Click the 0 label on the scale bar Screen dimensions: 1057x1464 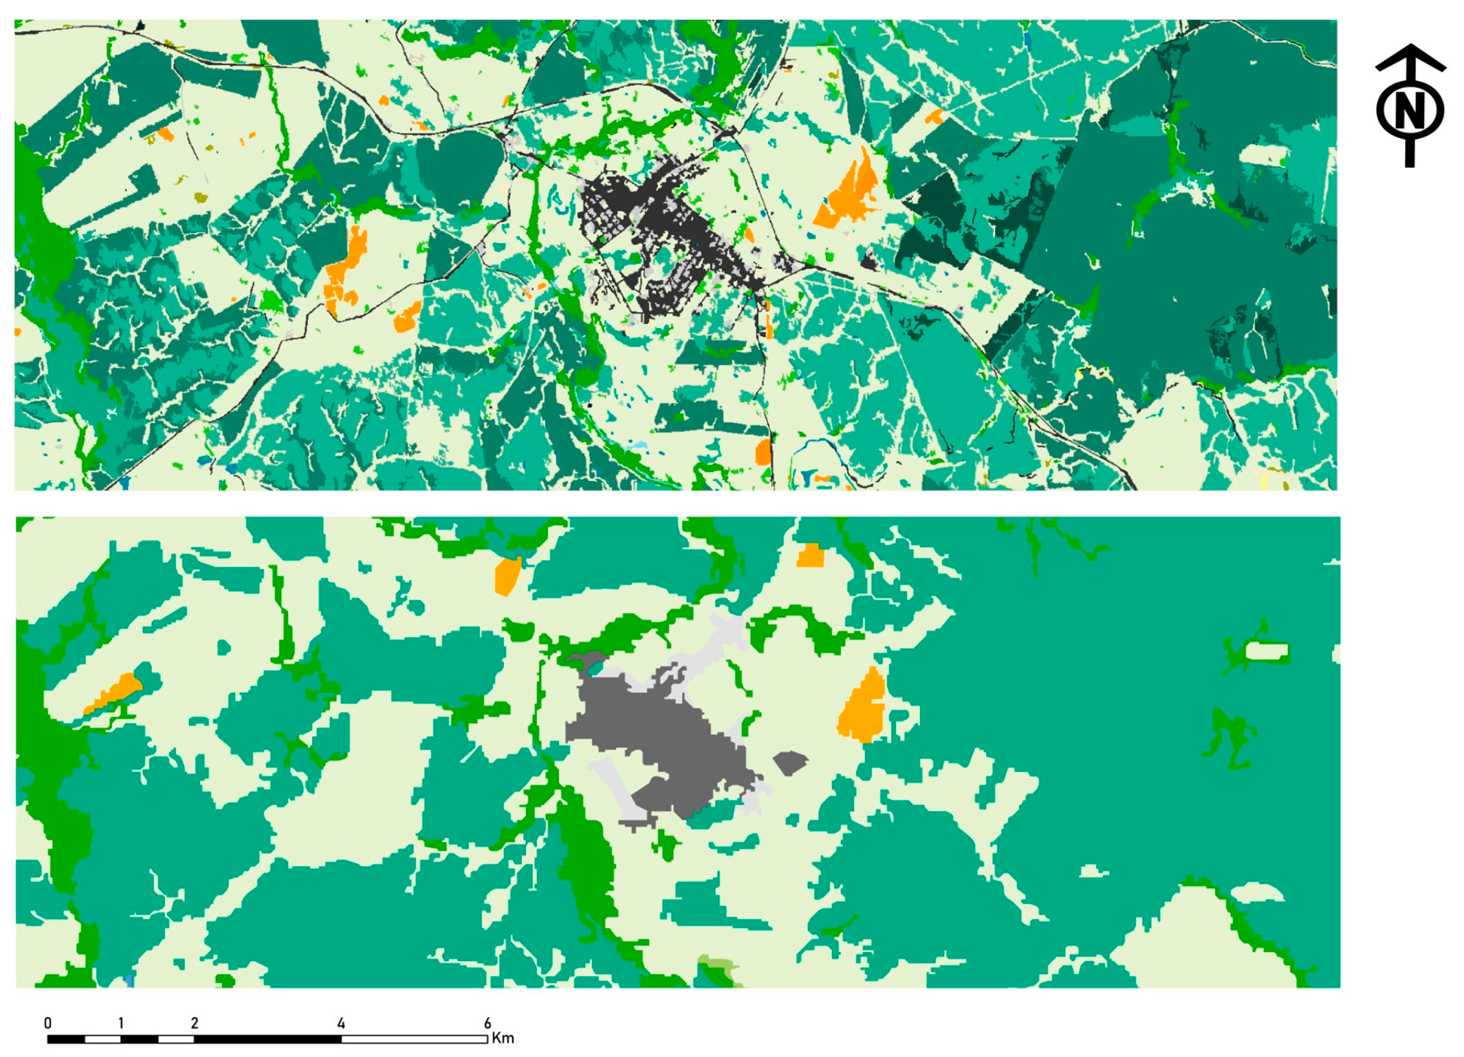click(48, 1023)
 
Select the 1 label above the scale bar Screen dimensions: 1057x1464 click(120, 1023)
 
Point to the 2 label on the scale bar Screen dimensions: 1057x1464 click(194, 1023)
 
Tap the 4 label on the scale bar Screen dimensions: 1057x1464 click(341, 1023)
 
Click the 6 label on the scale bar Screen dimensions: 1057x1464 click(487, 1023)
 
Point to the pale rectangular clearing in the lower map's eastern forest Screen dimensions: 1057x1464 click(1267, 651)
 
